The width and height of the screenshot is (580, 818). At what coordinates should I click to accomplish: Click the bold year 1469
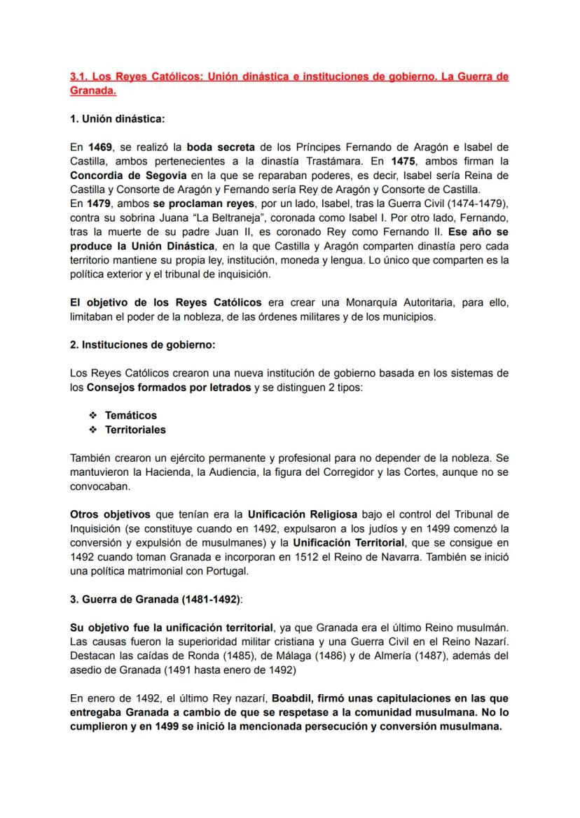click(101, 147)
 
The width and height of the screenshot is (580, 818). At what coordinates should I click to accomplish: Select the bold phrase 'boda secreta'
click(221, 147)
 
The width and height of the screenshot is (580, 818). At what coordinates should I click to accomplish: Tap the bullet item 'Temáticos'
click(131, 416)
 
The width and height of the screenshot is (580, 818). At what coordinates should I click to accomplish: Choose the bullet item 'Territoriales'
click(135, 429)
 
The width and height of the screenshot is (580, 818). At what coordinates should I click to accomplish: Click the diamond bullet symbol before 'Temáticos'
click(92, 416)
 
